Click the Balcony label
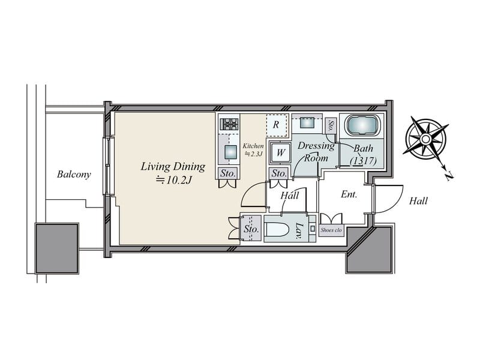point(74,174)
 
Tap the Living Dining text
point(173,167)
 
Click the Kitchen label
point(253,146)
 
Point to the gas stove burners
point(229,124)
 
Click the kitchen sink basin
point(230,152)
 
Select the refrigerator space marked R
point(277,125)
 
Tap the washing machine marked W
point(280,152)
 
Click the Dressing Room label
point(316,152)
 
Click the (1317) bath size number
point(363,161)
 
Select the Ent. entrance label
point(349,194)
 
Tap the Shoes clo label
point(331,230)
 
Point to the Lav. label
point(300,230)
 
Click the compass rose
point(425,139)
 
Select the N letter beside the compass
point(449,176)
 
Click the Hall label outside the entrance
point(418,201)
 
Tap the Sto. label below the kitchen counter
point(228,173)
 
